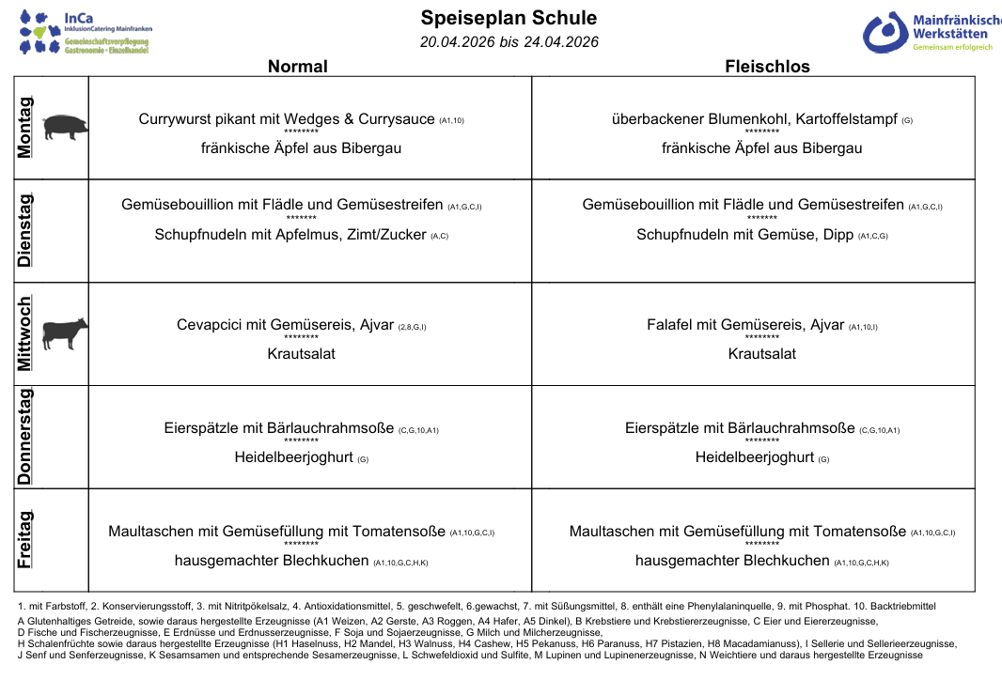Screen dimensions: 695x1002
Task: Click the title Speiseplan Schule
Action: coord(509,18)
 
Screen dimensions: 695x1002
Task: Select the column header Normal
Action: coord(297,66)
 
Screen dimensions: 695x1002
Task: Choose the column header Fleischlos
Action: coord(767,66)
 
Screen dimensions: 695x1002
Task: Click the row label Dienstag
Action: coord(25,230)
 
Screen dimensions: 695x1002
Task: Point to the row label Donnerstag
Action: coord(25,437)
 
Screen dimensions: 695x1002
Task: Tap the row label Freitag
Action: coord(25,539)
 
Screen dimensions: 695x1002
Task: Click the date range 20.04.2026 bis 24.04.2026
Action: coord(509,42)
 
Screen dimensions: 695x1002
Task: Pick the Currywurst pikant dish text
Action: coord(287,119)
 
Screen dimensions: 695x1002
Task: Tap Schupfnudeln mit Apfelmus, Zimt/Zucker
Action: coord(290,235)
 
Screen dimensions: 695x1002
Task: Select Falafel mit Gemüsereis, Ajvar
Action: coord(745,325)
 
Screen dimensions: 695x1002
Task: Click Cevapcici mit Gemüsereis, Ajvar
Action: coord(285,325)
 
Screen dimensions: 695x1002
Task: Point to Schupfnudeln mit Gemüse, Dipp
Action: coord(745,235)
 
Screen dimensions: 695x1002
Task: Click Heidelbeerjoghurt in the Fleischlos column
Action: coord(754,457)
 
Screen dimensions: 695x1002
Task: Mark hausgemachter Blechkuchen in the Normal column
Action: coord(272,561)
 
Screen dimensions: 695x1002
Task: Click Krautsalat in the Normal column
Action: coord(301,354)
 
